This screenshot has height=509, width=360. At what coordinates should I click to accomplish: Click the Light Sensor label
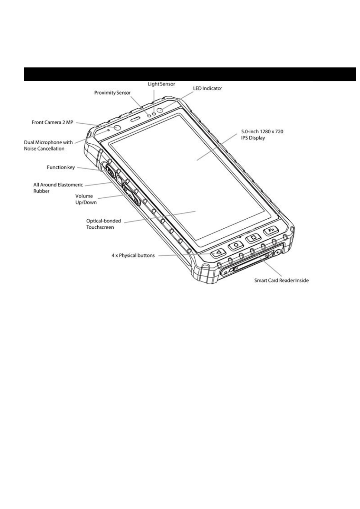coord(161,84)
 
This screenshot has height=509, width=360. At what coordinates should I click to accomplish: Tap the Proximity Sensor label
coord(112,93)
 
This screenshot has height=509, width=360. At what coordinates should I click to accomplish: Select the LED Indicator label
coord(207,88)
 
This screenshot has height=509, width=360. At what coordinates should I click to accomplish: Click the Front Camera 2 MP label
coord(52,122)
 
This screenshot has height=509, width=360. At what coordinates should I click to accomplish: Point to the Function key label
coord(61,167)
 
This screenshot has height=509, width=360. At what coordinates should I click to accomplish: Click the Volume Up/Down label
coord(86,199)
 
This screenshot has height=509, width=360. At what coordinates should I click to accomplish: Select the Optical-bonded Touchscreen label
coord(103,224)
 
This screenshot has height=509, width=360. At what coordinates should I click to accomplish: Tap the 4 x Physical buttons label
coord(133,256)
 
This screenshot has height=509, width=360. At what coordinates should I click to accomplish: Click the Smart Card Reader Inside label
coord(281,280)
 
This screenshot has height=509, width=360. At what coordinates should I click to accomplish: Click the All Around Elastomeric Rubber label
coord(58,188)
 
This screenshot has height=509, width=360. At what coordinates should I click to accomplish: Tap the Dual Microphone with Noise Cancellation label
coord(48,145)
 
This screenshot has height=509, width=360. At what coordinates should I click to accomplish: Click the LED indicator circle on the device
coord(163,110)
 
